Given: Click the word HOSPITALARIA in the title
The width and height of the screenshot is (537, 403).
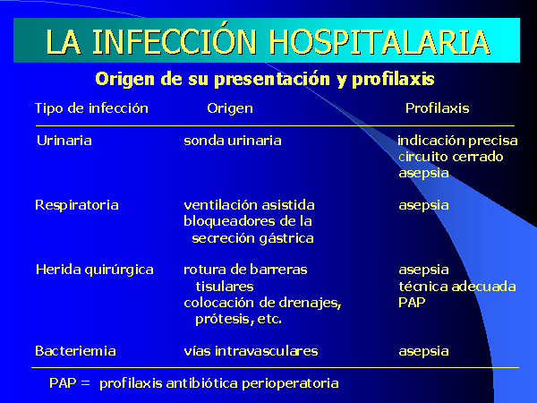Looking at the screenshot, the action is pyautogui.click(x=379, y=42).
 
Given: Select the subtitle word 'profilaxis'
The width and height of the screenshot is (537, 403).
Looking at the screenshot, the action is pyautogui.click(x=393, y=80).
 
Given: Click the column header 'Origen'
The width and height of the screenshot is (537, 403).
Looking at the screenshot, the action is pyautogui.click(x=230, y=109).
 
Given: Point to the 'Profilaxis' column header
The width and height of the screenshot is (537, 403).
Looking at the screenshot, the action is pyautogui.click(x=438, y=108).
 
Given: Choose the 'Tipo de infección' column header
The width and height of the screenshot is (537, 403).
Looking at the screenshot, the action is pyautogui.click(x=92, y=108).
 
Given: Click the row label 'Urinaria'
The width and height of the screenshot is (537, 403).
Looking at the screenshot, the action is pyautogui.click(x=64, y=141).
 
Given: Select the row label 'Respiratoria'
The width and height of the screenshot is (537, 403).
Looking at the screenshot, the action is pyautogui.click(x=77, y=206).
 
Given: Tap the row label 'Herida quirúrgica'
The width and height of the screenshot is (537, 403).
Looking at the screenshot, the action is pyautogui.click(x=95, y=270).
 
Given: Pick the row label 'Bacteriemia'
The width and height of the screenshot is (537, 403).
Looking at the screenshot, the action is pyautogui.click(x=75, y=351).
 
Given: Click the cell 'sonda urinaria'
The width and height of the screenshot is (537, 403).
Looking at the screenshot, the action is pyautogui.click(x=233, y=141).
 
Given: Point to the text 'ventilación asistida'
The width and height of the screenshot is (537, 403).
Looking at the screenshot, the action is pyautogui.click(x=249, y=205).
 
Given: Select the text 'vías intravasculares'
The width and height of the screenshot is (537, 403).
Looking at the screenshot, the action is pyautogui.click(x=251, y=351).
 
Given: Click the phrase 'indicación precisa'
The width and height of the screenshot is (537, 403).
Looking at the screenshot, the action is pyautogui.click(x=457, y=141).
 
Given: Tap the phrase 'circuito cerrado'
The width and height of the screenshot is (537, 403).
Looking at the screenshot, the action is pyautogui.click(x=451, y=157).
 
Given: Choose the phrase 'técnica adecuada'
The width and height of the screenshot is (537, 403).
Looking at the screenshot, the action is pyautogui.click(x=457, y=287).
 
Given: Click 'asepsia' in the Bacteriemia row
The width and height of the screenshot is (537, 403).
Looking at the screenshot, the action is pyautogui.click(x=423, y=352).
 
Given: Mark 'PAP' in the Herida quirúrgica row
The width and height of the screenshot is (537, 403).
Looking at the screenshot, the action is pyautogui.click(x=412, y=303).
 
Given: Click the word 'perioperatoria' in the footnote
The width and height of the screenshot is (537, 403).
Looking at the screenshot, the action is pyautogui.click(x=290, y=384).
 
